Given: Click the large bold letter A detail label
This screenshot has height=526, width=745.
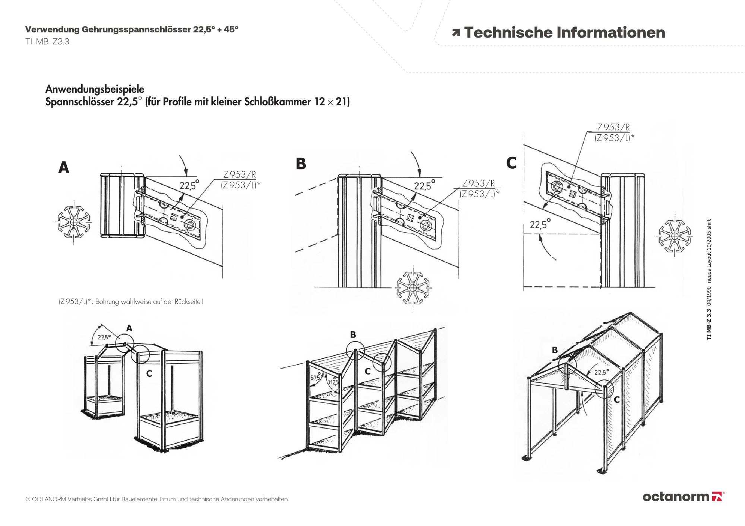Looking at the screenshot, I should (64, 168).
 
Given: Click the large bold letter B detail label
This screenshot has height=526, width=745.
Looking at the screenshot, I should (301, 164).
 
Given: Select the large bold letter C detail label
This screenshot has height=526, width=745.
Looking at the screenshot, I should (511, 163).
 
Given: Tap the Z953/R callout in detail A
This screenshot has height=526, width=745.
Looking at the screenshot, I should (239, 174).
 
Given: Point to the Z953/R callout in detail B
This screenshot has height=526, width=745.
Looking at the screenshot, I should (478, 183).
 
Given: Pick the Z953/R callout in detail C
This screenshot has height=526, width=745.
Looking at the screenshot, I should (613, 127).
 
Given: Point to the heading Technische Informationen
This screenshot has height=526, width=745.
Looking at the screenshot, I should (564, 33).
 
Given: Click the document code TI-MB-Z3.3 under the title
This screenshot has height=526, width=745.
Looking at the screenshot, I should (47, 42).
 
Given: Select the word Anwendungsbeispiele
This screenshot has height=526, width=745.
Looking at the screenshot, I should (95, 89).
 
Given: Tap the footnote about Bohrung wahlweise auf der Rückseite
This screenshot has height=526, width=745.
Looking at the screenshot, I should (131, 302).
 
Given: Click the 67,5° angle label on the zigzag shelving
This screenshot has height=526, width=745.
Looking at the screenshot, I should (316, 377).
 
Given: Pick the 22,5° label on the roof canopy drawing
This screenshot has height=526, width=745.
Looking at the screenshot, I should (602, 372).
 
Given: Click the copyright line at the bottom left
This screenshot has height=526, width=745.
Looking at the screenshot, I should (157, 499).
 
